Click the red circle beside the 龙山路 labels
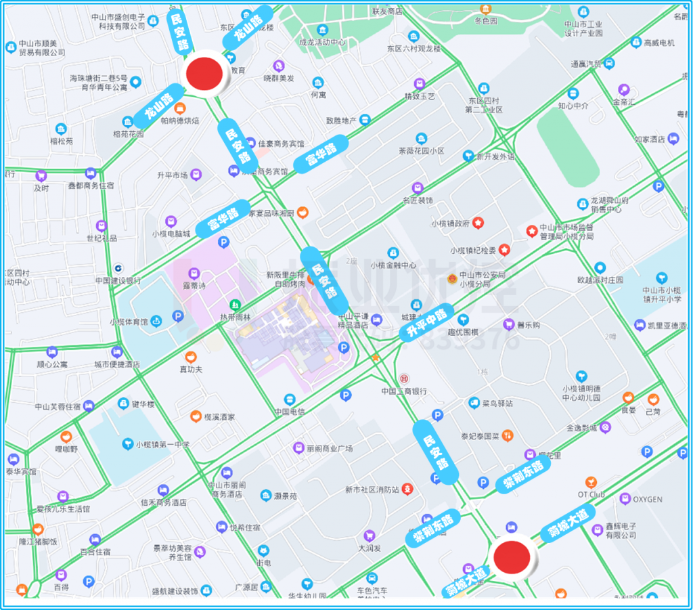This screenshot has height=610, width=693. click(x=206, y=74)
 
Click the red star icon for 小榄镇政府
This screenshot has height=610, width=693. click(x=478, y=222)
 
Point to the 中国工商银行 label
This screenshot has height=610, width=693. click(x=403, y=391)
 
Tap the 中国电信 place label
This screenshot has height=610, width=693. click(x=290, y=411)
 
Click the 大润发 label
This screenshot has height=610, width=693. click(x=369, y=548)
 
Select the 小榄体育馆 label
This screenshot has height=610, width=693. click(x=129, y=322)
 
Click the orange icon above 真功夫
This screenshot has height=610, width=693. click(x=191, y=356)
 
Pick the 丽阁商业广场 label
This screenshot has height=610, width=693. click(x=330, y=448)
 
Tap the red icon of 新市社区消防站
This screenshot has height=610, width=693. click(x=407, y=487)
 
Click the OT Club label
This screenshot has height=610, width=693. click(x=591, y=494)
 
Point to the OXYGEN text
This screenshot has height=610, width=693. click(x=648, y=499)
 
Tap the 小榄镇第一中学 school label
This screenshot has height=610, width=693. click(x=162, y=445)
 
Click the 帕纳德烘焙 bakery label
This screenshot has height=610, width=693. click(x=179, y=121)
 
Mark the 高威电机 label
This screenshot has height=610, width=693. click(x=658, y=43)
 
